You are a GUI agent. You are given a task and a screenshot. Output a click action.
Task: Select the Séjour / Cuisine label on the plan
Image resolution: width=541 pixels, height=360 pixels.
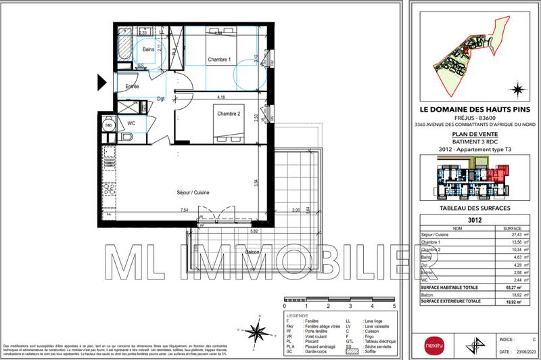[193, 193]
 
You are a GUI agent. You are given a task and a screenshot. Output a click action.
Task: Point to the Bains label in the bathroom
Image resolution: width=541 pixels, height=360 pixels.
[149, 49]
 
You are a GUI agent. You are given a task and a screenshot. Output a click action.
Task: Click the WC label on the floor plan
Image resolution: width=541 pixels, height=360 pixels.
[132, 124]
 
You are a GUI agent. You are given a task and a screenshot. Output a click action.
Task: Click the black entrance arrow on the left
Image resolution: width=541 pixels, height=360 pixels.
[102, 82]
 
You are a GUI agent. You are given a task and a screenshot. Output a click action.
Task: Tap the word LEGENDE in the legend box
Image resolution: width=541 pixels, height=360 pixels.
[297, 316]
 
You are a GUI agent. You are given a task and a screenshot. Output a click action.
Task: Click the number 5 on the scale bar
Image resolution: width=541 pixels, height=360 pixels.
[393, 306]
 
